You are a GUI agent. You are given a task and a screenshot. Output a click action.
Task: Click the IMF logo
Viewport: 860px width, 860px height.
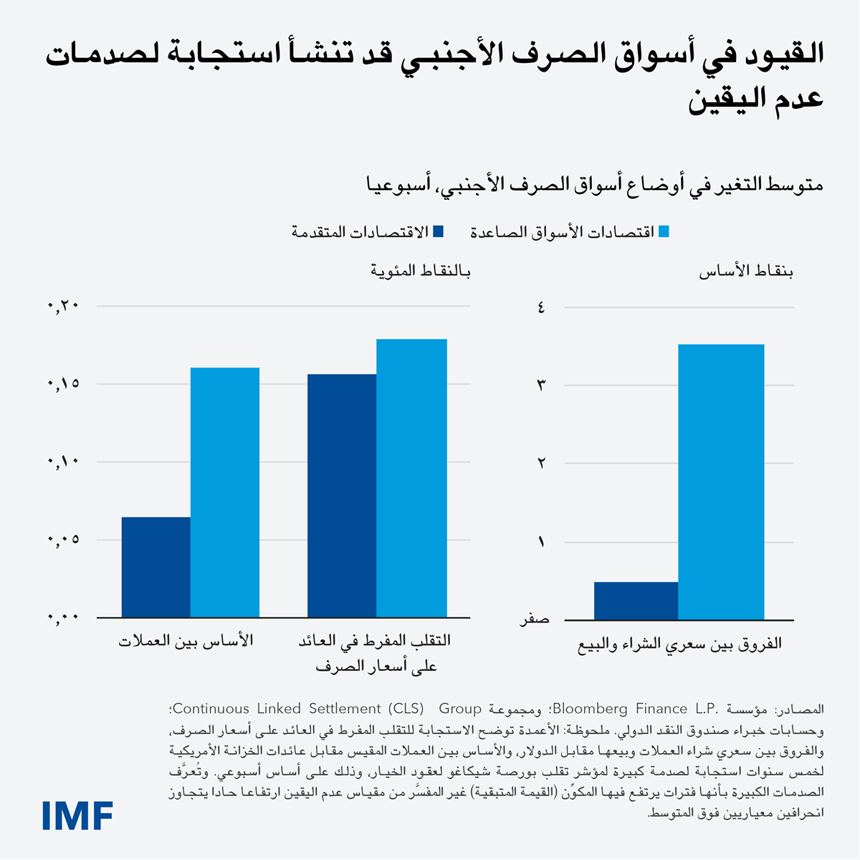coord(77,815)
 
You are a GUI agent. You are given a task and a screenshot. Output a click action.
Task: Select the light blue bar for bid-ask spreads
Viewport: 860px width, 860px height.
coord(720,482)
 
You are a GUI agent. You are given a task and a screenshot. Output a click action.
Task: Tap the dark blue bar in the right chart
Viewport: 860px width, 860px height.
coord(636,601)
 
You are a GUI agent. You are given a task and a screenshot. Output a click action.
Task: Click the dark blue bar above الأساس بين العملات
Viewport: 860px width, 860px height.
coord(156,567)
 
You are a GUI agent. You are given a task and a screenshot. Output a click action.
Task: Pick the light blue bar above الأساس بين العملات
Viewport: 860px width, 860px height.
coord(224,492)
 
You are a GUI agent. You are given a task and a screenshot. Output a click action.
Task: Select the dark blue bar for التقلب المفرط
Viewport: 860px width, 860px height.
coord(341,495)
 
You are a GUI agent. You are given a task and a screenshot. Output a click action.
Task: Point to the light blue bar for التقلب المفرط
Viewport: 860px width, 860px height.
coord(411,478)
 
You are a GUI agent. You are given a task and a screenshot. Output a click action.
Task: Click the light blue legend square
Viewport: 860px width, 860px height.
coord(664,231)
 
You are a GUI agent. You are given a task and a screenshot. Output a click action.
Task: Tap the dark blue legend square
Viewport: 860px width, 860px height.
coord(439,231)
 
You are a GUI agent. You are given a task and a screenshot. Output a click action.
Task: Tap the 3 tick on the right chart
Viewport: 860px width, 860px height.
coord(541,386)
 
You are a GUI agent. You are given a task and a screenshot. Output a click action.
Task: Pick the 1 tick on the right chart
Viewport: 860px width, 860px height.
coord(541,542)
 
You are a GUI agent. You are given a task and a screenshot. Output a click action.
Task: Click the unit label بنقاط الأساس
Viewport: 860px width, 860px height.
coord(746,272)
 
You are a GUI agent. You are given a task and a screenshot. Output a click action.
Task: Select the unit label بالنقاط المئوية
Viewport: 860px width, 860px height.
coord(421,272)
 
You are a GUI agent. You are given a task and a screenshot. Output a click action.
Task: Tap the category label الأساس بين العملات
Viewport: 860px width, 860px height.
coord(186,641)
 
